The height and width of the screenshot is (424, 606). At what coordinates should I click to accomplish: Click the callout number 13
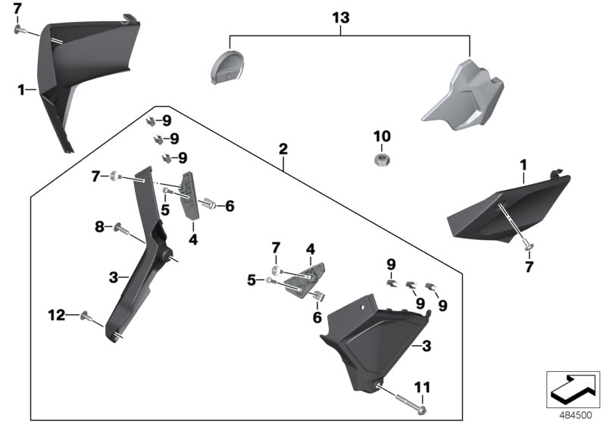(342, 17)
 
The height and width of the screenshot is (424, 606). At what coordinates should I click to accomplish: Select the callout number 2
(283, 149)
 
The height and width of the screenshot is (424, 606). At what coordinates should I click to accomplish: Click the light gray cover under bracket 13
(460, 95)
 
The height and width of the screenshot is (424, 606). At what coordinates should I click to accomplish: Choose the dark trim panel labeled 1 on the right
(504, 204)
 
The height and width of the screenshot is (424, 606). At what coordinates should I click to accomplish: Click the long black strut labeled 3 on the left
(140, 257)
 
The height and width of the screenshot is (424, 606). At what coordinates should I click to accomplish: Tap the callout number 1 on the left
(22, 89)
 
